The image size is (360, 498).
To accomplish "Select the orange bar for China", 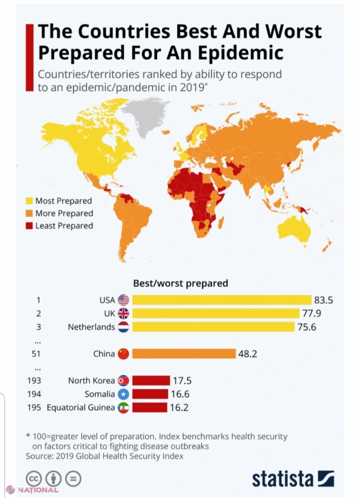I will (x=183, y=353).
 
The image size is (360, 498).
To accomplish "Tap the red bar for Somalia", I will (x=150, y=394).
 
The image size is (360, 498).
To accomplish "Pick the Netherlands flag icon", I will (x=123, y=327).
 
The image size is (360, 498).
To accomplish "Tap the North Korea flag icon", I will (x=123, y=381).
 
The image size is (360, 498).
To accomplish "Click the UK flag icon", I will (x=123, y=313).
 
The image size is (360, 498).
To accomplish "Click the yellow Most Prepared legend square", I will (x=29, y=201).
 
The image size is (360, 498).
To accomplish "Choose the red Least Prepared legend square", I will (x=29, y=225).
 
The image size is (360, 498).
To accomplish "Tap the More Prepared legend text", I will (x=64, y=213).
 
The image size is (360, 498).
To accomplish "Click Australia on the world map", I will (x=296, y=229).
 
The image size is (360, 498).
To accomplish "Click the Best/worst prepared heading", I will (x=181, y=284).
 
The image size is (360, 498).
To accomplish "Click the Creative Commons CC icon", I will (x=33, y=479).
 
